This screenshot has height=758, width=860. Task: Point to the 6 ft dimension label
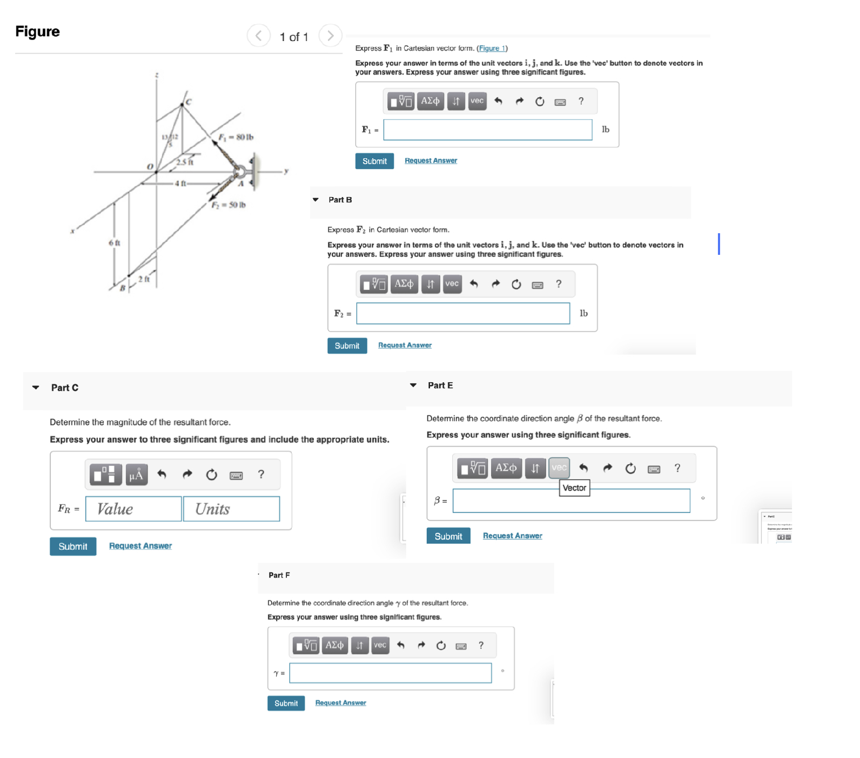[x=115, y=243]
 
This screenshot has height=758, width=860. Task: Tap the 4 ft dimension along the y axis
[x=180, y=184]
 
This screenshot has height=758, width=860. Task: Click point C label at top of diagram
[x=189, y=101]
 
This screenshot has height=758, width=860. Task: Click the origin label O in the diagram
[x=150, y=166]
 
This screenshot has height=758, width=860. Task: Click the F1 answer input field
[x=487, y=130]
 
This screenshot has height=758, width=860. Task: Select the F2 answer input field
[x=463, y=314]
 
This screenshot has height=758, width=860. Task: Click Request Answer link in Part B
[x=405, y=346]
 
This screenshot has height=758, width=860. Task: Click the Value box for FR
[x=133, y=509]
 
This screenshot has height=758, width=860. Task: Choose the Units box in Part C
[x=231, y=509]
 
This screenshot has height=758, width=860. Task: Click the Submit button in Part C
[x=73, y=546]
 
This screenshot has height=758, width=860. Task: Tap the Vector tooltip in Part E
[x=574, y=488]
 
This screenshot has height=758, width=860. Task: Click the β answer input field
[x=571, y=501]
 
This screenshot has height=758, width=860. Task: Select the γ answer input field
[x=390, y=673]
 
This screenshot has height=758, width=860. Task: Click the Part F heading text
[x=279, y=576]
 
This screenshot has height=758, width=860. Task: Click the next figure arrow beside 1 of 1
[x=330, y=36]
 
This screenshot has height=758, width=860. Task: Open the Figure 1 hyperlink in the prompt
[x=492, y=49]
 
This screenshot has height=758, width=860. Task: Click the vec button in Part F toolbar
[x=380, y=645]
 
